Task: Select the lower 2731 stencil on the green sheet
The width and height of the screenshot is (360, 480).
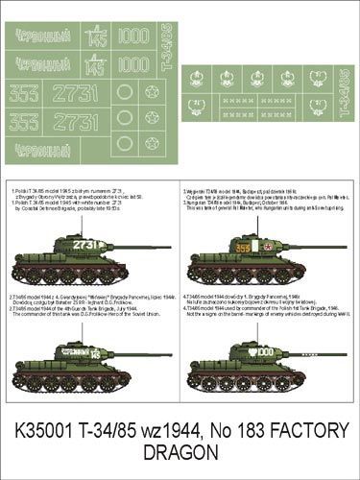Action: pyautogui.click(x=75, y=122)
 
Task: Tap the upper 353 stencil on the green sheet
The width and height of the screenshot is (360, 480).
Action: pyautogui.click(x=24, y=93)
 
